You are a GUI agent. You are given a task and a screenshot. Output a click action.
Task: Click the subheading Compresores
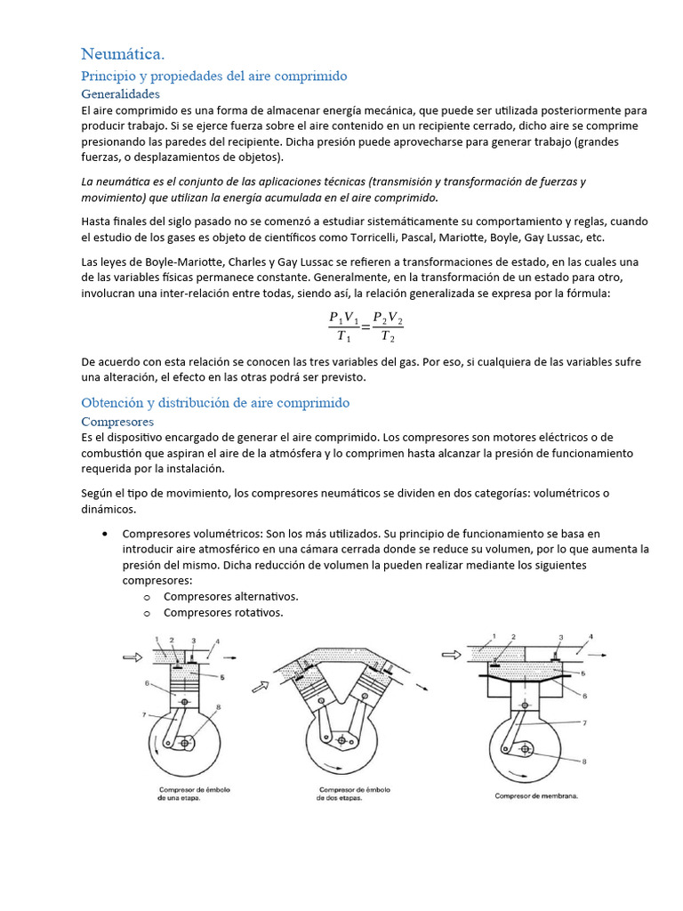117,421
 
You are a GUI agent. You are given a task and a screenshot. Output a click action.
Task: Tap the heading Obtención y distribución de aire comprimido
215,403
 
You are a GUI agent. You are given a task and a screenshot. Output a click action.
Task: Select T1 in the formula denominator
343,337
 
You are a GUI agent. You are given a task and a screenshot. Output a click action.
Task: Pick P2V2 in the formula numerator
389,318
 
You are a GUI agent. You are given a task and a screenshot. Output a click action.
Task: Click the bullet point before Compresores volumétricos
106,534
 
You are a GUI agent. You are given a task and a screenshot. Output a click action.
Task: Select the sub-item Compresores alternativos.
230,596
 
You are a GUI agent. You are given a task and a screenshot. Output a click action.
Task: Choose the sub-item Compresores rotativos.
223,612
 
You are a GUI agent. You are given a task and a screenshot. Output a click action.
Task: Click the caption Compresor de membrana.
536,795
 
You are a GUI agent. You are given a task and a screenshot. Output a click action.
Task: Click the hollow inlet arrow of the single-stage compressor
132,658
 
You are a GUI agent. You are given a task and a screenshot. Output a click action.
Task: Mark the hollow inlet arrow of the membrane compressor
451,655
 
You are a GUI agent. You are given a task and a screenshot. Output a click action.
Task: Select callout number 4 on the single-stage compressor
216,641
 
